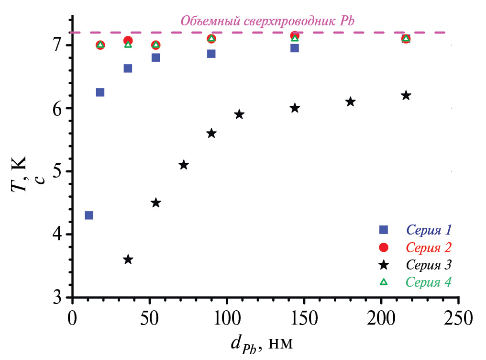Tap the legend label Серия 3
429,265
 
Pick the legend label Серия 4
429,282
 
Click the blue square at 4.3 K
89,215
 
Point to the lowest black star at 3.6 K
128,259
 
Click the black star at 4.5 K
156,202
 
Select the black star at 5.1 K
184,165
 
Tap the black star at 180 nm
351,101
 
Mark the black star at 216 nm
406,95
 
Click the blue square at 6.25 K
100,92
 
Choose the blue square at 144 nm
295,48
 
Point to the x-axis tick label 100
227,318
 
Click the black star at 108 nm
239,114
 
